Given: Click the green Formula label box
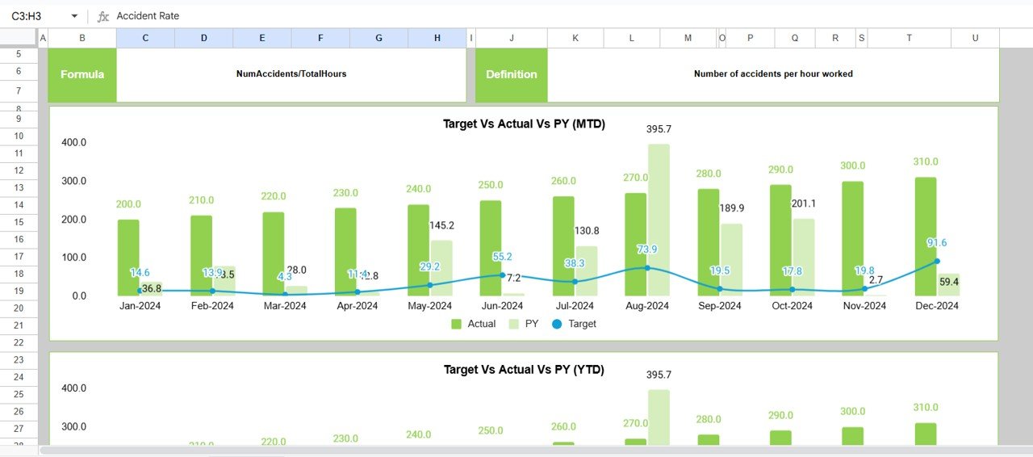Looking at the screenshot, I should (x=82, y=74).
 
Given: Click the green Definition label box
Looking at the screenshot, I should (x=511, y=74).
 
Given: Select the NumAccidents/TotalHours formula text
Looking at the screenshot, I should (x=291, y=73).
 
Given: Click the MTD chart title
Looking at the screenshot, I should (x=524, y=124).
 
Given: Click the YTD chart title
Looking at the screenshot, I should (x=524, y=369).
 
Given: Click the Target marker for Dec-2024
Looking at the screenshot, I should (x=937, y=261).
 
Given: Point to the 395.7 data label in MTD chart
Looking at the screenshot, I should (x=659, y=129).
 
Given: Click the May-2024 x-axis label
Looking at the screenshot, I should (x=429, y=306).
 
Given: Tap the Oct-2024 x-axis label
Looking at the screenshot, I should (x=792, y=306).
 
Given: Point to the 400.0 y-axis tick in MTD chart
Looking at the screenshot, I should (x=73, y=142).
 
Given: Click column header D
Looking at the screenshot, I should (x=203, y=38).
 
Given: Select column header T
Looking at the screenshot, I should (x=910, y=38).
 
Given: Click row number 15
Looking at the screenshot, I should (x=19, y=222).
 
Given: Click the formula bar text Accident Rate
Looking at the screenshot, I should (x=148, y=16).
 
